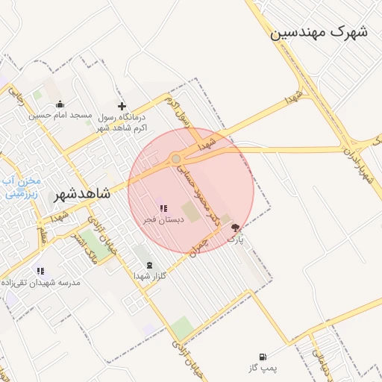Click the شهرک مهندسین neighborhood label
pyautogui.click(x=319, y=32)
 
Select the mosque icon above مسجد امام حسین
pyautogui.click(x=60, y=104)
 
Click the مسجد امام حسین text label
pyautogui.click(x=60, y=116)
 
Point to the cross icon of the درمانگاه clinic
pyautogui.click(x=122, y=107)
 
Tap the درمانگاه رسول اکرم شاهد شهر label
pyautogui.click(x=122, y=123)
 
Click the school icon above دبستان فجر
pyautogui.click(x=163, y=208)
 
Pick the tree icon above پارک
pyautogui.click(x=236, y=228)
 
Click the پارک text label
pyautogui.click(x=236, y=239)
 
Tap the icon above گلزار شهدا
pyautogui.click(x=146, y=265)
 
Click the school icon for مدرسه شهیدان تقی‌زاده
pyautogui.click(x=40, y=272)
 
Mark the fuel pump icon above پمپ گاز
pyautogui.click(x=262, y=357)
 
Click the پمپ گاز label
pyautogui.click(x=262, y=369)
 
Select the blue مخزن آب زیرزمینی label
pyautogui.click(x=20, y=187)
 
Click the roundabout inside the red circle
pyautogui.click(x=176, y=158)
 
